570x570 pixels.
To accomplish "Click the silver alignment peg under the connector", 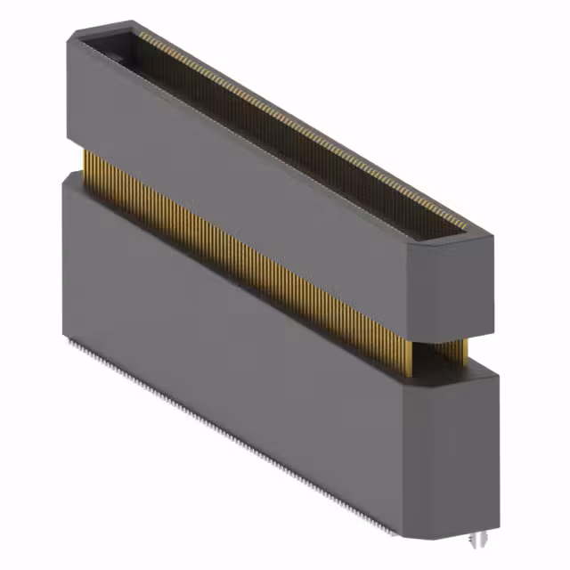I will [x=478, y=540].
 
